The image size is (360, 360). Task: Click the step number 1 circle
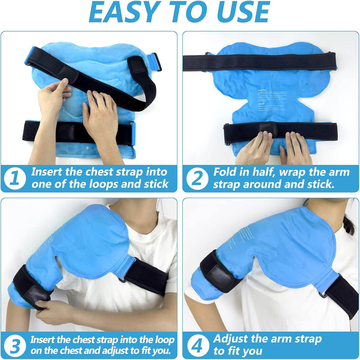(x=15, y=178)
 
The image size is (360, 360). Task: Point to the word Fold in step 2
(x=227, y=172)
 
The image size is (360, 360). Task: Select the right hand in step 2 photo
(x=296, y=149)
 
